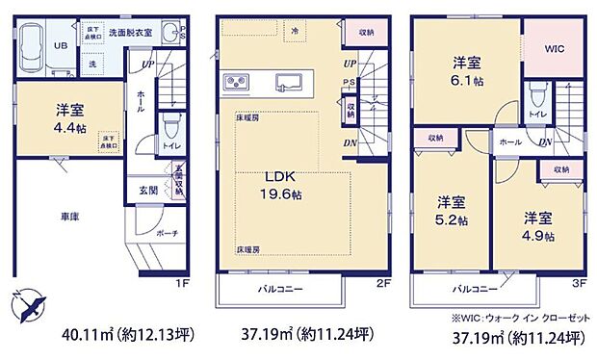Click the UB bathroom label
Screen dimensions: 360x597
pos(60,44)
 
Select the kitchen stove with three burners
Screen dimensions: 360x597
pos(237,80)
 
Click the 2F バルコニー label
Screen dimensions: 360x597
pos(279,287)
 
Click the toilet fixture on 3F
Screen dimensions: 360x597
pos(537,96)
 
